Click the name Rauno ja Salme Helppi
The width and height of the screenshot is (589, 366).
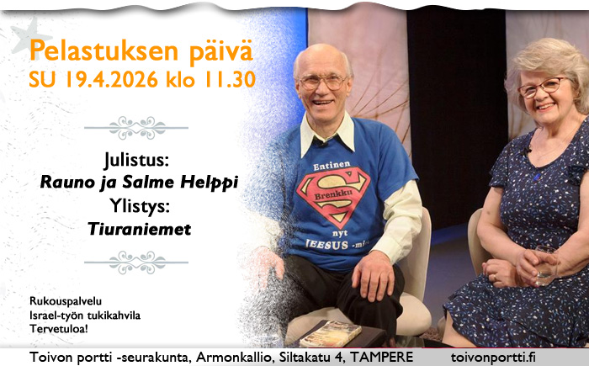pos(138,181)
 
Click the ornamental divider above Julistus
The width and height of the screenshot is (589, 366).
pos(137,128)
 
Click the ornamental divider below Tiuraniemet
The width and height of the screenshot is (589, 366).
pos(137,262)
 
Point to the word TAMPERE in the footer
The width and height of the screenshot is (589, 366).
pos(382,357)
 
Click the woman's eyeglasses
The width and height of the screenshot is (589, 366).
pos(540,87)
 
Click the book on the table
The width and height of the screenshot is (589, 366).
pos(330,332)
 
